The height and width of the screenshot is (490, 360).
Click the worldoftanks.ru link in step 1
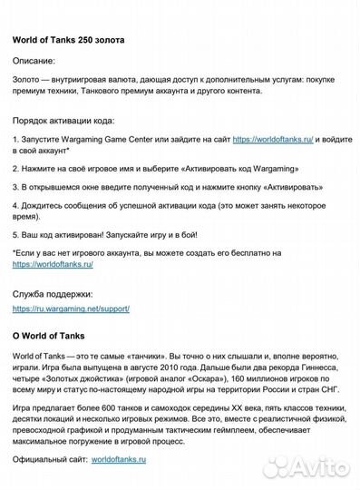[x=273, y=140]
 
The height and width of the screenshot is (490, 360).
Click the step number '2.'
[x=16, y=169]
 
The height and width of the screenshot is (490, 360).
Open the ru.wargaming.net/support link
[x=71, y=309]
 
